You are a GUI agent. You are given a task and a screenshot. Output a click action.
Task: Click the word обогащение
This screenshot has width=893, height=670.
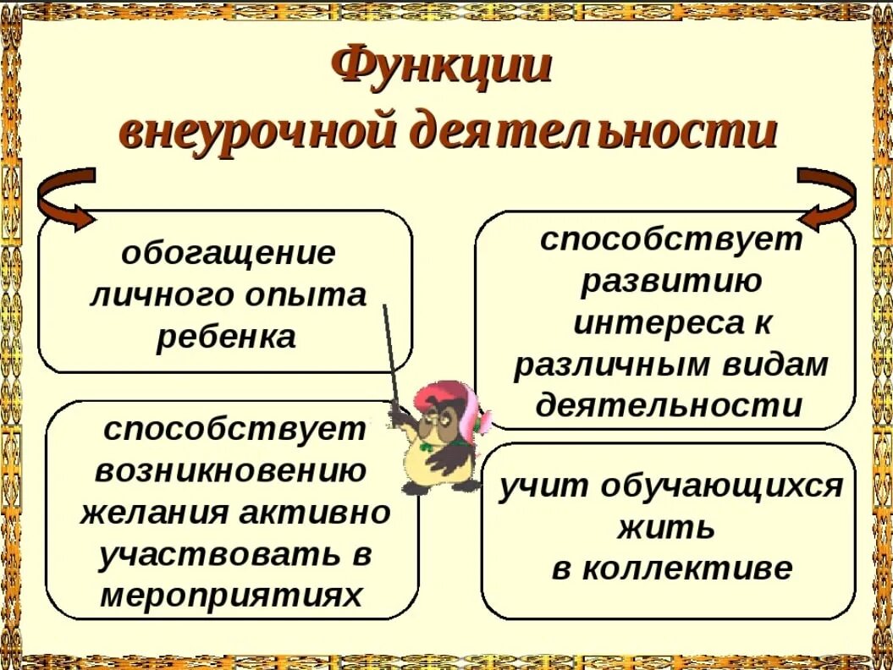[228, 252]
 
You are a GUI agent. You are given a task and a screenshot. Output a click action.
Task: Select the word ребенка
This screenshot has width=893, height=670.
[226, 337]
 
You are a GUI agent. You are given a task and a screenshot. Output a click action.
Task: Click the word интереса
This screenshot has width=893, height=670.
[649, 322]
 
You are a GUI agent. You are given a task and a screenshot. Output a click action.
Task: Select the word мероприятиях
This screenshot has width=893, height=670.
[231, 596]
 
